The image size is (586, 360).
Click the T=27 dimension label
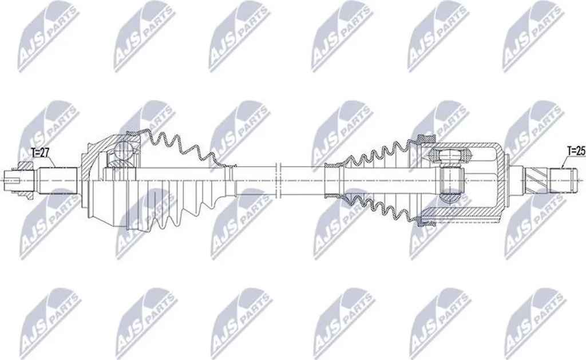[41, 152]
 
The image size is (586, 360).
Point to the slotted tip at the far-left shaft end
[10, 181]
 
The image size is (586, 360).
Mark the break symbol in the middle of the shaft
[277, 180]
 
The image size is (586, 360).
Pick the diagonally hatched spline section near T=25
[536, 180]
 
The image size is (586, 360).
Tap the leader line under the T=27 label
[51, 161]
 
